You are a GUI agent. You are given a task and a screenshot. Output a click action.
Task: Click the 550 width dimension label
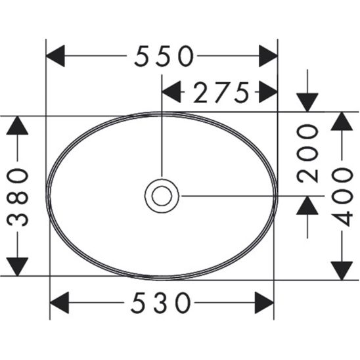click(x=164, y=56)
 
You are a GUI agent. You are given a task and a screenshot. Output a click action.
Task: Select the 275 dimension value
click(x=221, y=93)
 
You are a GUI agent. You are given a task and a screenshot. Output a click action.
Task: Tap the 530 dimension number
click(x=162, y=303)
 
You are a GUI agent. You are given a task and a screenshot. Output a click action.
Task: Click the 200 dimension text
click(x=307, y=154)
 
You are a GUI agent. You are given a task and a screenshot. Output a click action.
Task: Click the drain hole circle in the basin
click(x=161, y=195)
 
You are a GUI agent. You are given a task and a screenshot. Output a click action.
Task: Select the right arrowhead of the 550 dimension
click(x=267, y=56)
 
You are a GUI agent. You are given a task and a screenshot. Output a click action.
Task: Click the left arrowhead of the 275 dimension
click(x=171, y=93)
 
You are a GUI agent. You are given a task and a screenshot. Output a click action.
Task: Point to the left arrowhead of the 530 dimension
click(x=60, y=303)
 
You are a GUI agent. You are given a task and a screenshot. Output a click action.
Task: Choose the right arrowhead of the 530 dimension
click(x=263, y=303)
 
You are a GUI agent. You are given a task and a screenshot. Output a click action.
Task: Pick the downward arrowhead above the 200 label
click(x=307, y=102)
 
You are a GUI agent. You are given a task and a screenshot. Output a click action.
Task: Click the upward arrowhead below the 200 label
click(x=307, y=206)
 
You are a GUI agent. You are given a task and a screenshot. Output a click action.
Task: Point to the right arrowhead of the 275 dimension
click(x=267, y=93)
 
